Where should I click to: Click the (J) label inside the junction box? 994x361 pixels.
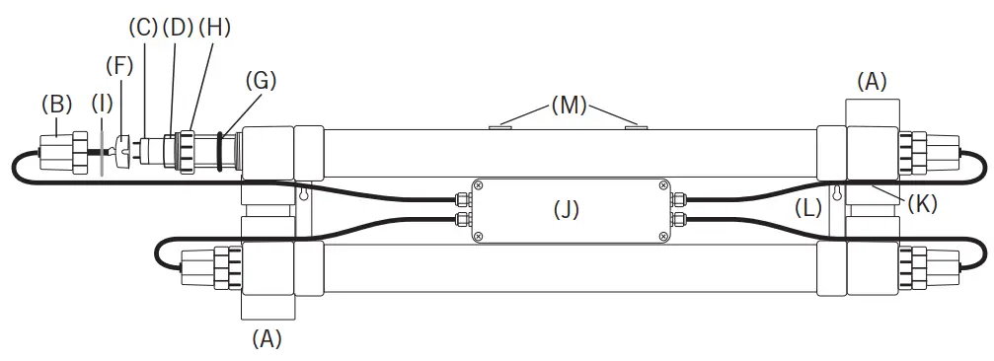point(567,209)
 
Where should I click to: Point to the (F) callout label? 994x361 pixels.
point(119,67)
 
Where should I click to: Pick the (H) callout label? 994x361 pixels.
point(214,28)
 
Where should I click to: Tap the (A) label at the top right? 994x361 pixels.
point(872,83)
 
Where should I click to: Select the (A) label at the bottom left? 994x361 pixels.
point(267,338)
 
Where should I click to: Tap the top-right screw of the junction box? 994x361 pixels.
point(661,185)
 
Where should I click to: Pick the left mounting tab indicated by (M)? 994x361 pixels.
point(500,125)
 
